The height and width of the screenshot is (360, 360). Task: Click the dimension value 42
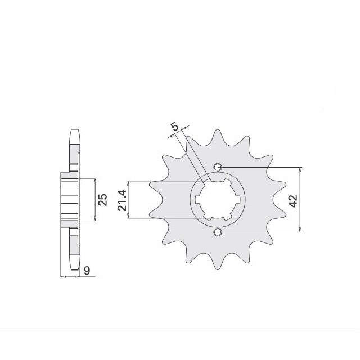(x=294, y=201)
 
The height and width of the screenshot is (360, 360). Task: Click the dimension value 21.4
(x=121, y=200)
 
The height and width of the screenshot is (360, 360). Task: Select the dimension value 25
(x=102, y=200)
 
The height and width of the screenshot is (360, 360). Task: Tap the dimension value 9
(x=87, y=271)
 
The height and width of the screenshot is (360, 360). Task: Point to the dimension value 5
(x=175, y=127)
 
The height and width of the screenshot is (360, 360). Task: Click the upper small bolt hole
(x=218, y=167)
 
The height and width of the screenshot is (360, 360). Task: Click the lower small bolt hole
(x=218, y=232)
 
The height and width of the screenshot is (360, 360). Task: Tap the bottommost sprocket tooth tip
(x=218, y=269)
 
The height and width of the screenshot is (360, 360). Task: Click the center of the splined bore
(x=218, y=200)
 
